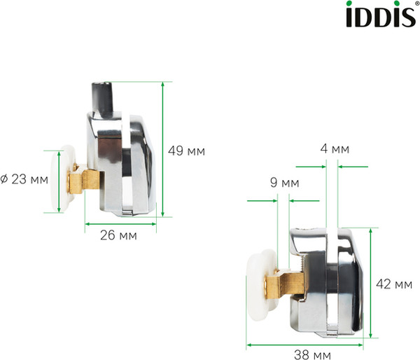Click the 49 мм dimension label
[186, 150]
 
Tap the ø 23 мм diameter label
[24, 179]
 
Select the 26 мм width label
[119, 236]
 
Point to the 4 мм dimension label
[334, 149]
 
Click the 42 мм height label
[393, 284]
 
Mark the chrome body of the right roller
[329, 280]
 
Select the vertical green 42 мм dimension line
[372, 284]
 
